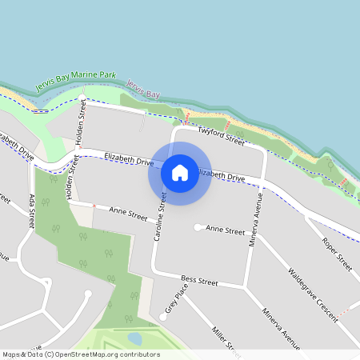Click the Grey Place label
[171, 302]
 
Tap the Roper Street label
[337, 253]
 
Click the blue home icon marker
[180, 173]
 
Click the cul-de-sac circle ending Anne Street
[197, 227]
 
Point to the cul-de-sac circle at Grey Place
[163, 317]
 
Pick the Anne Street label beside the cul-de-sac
[225, 230]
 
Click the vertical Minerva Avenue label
[256, 218]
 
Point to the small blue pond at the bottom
[134, 338]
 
